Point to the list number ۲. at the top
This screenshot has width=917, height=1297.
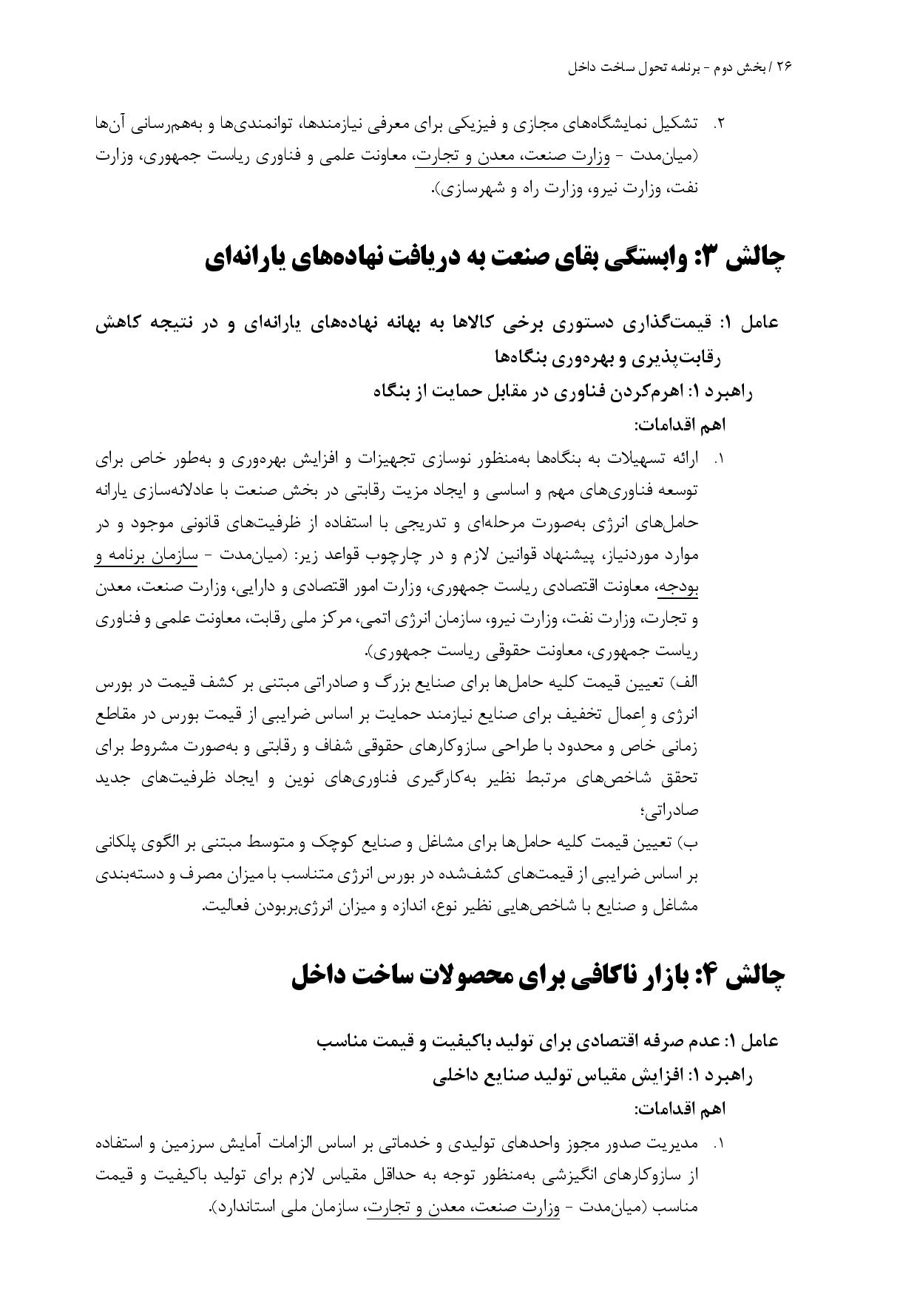[x=717, y=124]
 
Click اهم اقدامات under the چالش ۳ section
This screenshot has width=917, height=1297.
[x=680, y=425]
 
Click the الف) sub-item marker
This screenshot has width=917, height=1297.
[x=683, y=684]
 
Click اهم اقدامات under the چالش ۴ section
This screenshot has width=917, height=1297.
[x=680, y=1109]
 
